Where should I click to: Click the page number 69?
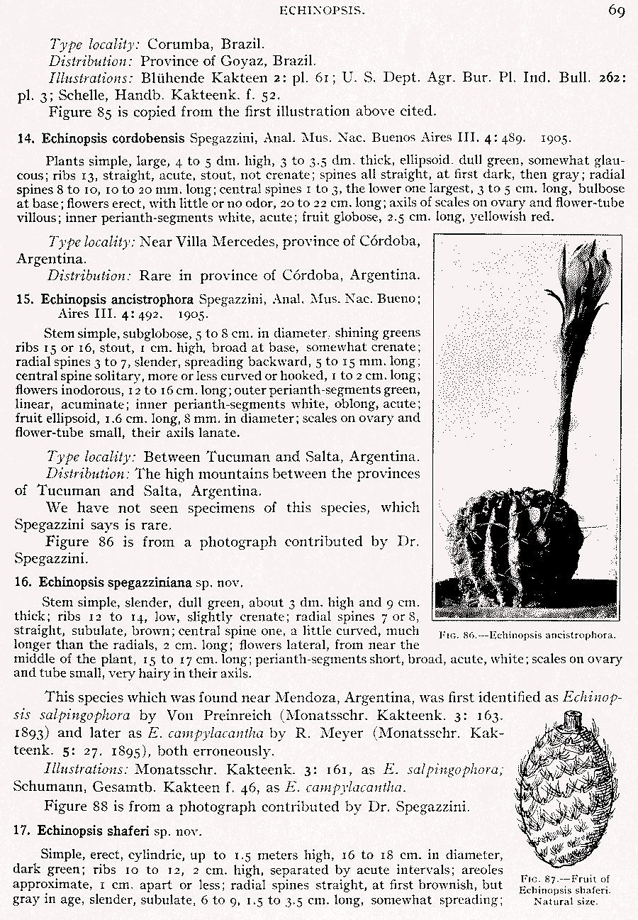coord(615,11)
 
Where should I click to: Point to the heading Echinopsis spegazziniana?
coord(116,583)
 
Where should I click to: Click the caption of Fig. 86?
coord(527,635)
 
